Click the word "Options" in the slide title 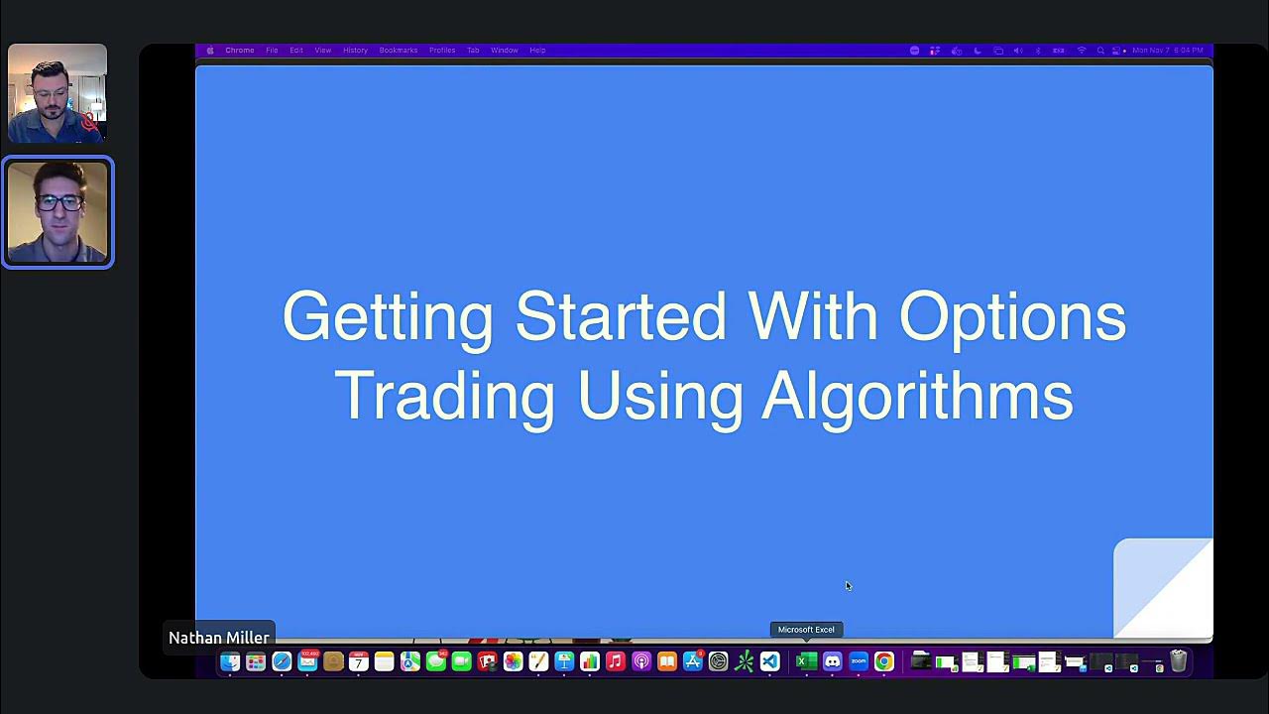(x=1011, y=317)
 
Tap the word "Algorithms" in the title (x=917, y=396)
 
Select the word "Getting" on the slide (x=387, y=317)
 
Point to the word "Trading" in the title (x=444, y=396)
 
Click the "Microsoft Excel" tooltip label (x=806, y=630)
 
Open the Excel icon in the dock (x=806, y=661)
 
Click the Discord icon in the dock (x=833, y=661)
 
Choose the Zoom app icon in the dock (x=859, y=661)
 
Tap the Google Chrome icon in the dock (x=884, y=661)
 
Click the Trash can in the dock (x=1178, y=661)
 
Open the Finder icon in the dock (x=230, y=661)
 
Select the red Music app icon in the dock (x=616, y=661)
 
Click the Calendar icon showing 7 (x=359, y=661)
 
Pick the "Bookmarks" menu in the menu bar (x=398, y=51)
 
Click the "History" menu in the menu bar (x=355, y=51)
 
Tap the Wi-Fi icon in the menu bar (x=1082, y=51)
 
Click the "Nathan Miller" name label (x=219, y=638)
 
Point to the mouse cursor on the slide (x=848, y=585)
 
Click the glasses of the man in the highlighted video (x=59, y=202)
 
